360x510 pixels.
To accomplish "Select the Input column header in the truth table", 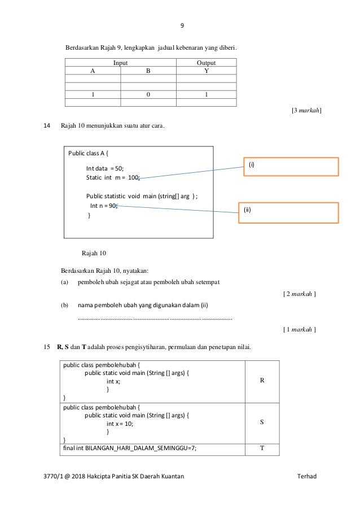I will [121, 63].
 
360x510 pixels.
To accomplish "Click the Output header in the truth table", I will [206, 63].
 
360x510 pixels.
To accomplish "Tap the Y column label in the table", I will [206, 71].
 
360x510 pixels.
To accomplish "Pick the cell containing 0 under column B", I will [148, 94].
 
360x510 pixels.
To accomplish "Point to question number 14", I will [47, 125].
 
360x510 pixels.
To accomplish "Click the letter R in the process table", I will [262, 380].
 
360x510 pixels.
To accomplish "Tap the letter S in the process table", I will [262, 421].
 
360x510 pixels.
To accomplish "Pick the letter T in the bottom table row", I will [262, 449].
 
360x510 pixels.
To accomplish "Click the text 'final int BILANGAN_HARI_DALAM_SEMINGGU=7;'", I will [130, 449].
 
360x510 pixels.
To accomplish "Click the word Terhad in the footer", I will [307, 476].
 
